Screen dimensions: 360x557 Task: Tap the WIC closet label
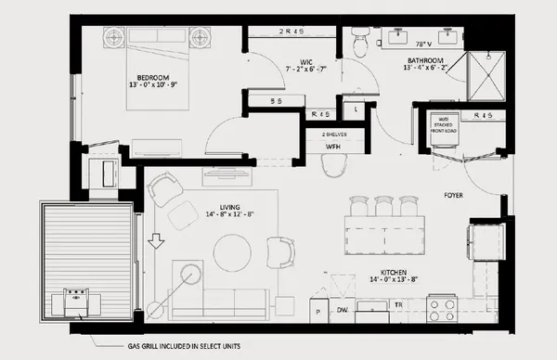click(283, 59)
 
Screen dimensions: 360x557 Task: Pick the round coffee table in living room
click(232, 251)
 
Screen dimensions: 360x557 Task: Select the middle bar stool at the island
click(382, 205)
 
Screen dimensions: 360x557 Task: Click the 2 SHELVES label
click(334, 133)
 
